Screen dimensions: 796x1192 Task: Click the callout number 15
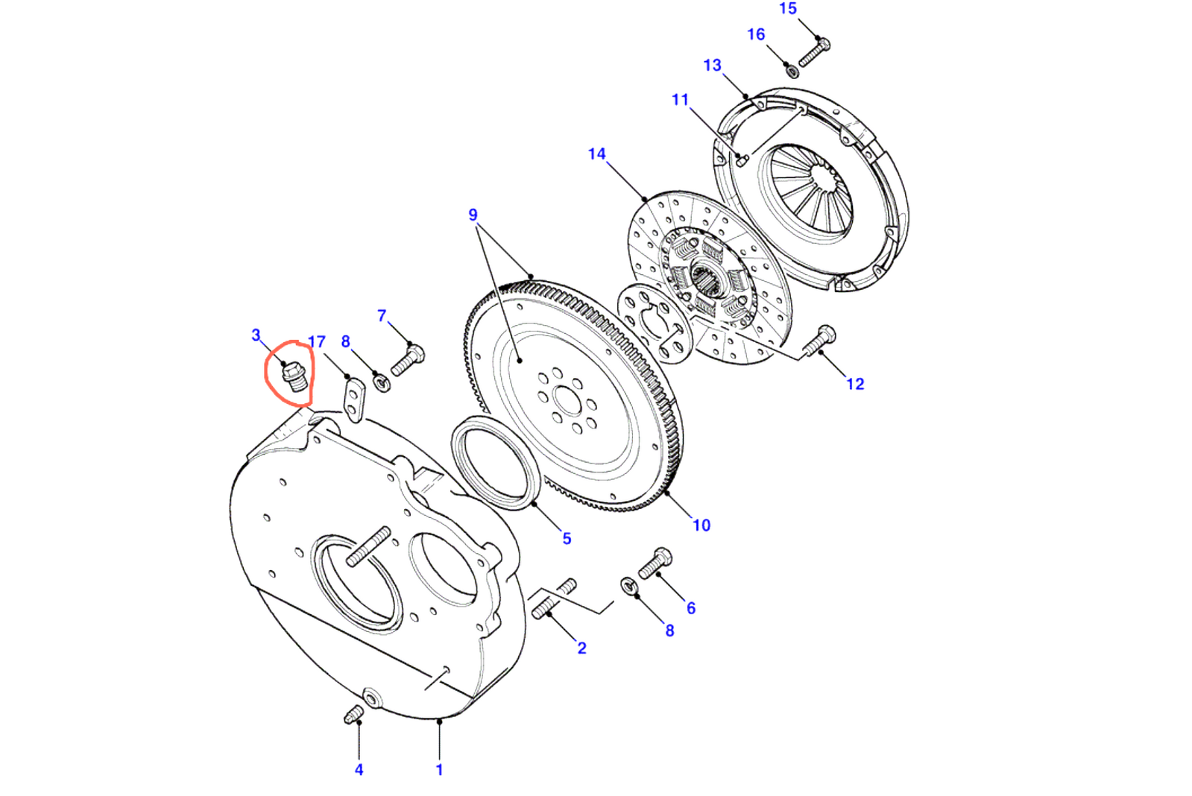[x=788, y=9]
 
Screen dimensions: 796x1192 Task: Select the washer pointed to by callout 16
[x=792, y=72]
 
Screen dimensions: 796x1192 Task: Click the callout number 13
[x=712, y=66]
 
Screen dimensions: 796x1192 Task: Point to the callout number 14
[x=596, y=154]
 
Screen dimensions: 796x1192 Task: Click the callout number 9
[x=473, y=215]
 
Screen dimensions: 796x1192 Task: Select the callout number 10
[x=701, y=525]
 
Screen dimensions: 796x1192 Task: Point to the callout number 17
[x=317, y=342]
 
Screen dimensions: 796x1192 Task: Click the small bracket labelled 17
[x=353, y=399]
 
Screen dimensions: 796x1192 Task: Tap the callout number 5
[x=567, y=538]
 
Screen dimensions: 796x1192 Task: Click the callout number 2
[x=581, y=648]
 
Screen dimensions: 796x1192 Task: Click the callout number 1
[x=439, y=770]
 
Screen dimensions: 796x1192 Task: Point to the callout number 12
[x=855, y=384]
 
